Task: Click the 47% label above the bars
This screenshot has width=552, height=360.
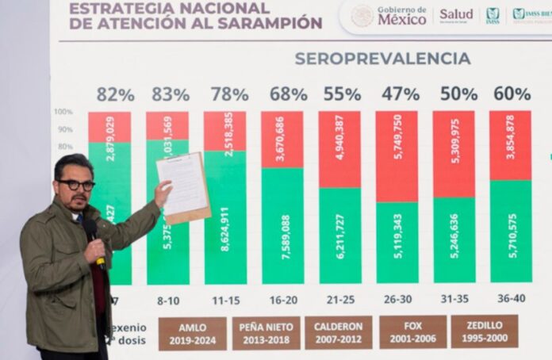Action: (401, 94)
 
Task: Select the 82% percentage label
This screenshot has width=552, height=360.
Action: (115, 94)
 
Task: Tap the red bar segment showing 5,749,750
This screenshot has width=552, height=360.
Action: (397, 156)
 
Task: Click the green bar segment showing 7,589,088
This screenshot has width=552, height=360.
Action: (282, 225)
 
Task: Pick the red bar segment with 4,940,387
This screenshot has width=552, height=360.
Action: (339, 149)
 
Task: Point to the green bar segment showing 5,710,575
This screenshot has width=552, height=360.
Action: (511, 231)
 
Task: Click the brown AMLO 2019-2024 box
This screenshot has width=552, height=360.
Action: (192, 333)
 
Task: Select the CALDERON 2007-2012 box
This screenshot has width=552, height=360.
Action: (338, 333)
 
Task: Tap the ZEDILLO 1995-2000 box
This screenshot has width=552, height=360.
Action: (484, 332)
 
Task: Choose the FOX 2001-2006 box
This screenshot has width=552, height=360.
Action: (412, 332)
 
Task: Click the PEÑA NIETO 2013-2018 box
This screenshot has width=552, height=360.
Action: (266, 333)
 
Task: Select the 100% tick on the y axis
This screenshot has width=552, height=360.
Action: (63, 112)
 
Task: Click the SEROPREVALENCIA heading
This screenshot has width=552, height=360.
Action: (382, 59)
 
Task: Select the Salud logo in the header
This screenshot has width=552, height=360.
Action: (456, 14)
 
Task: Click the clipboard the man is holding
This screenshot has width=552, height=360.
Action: (184, 186)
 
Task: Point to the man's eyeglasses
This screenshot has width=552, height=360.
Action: (76, 185)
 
